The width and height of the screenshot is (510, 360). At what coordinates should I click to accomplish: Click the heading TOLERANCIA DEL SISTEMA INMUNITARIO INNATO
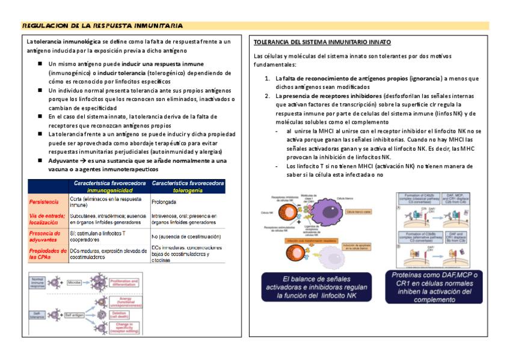322,43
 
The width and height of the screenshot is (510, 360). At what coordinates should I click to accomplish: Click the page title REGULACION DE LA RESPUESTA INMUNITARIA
102,26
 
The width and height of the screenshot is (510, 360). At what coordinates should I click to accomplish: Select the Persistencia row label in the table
44,201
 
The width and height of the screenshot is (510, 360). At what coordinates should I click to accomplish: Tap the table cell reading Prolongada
164,202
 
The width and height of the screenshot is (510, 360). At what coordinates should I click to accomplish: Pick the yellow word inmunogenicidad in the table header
108,190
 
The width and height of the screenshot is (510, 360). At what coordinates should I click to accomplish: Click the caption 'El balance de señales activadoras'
315,287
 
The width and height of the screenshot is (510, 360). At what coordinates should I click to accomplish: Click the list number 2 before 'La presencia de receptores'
268,96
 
